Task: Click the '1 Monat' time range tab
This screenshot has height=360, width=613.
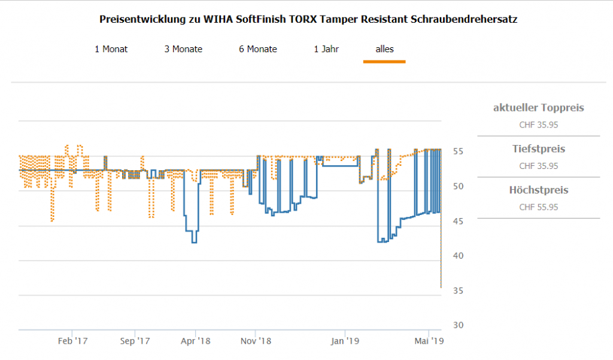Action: pos(111,49)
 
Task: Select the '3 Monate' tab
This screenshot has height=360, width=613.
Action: pos(183,49)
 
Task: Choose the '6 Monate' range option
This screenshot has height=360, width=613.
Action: pos(258,49)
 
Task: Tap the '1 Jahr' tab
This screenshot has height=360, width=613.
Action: pos(326,49)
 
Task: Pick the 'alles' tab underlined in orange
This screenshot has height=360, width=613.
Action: pos(384,49)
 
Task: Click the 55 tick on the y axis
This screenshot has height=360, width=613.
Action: pos(457,152)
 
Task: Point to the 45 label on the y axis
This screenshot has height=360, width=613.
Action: pos(457,221)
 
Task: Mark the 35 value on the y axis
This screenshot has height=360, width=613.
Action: pos(457,291)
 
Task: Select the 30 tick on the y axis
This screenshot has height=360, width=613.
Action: pos(457,325)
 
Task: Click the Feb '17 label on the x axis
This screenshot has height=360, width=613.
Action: pos(72,341)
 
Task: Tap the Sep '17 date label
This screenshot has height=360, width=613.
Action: pos(135,341)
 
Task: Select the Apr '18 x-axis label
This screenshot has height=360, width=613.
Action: pos(196,341)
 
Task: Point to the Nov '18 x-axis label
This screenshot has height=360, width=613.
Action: pos(256,341)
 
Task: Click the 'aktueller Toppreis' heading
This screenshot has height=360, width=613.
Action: pos(538,108)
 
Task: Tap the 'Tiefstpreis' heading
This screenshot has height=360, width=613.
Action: pos(538,149)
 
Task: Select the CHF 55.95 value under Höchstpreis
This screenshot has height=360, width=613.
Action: pos(538,207)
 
